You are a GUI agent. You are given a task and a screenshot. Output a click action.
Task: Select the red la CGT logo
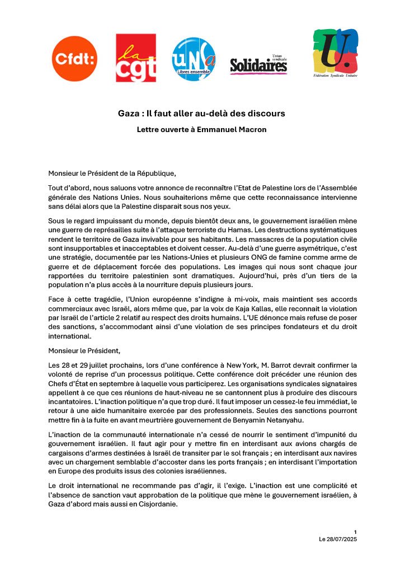[135, 58]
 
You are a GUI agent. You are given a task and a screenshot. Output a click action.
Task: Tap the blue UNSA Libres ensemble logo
[194, 58]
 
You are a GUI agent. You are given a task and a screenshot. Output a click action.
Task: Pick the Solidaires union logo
[258, 65]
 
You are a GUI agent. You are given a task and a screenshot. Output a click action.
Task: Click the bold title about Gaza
[201, 113]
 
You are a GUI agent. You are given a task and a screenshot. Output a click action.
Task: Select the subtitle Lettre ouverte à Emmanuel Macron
[201, 130]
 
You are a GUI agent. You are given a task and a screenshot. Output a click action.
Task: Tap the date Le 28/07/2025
[337, 538]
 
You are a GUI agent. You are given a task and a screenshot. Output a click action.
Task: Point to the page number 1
[355, 531]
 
